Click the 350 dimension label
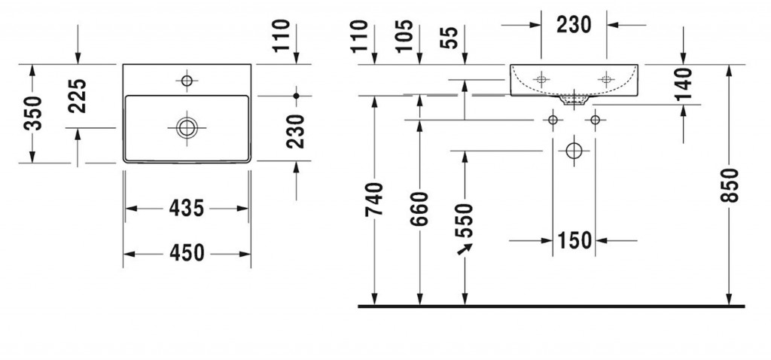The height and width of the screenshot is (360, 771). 32,114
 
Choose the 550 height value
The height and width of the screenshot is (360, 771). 465,220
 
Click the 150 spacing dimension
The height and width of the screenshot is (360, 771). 574,241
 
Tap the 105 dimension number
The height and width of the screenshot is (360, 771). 404,36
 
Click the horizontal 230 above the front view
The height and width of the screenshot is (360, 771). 574,24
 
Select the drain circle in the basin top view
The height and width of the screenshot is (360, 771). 185,127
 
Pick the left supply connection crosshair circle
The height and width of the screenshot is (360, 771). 553,120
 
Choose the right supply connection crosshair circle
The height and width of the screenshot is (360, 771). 596,120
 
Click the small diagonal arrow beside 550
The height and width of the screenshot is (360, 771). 461,251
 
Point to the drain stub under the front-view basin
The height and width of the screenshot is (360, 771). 574,99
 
